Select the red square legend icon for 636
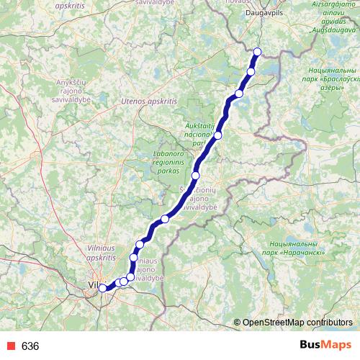[9, 346]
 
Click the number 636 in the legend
[30, 346]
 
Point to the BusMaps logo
[325, 346]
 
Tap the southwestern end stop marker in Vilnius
[102, 288]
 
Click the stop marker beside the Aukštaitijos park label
[217, 135]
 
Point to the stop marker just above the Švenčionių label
[195, 175]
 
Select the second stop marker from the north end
[251, 71]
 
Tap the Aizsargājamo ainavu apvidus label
[330, 14]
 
